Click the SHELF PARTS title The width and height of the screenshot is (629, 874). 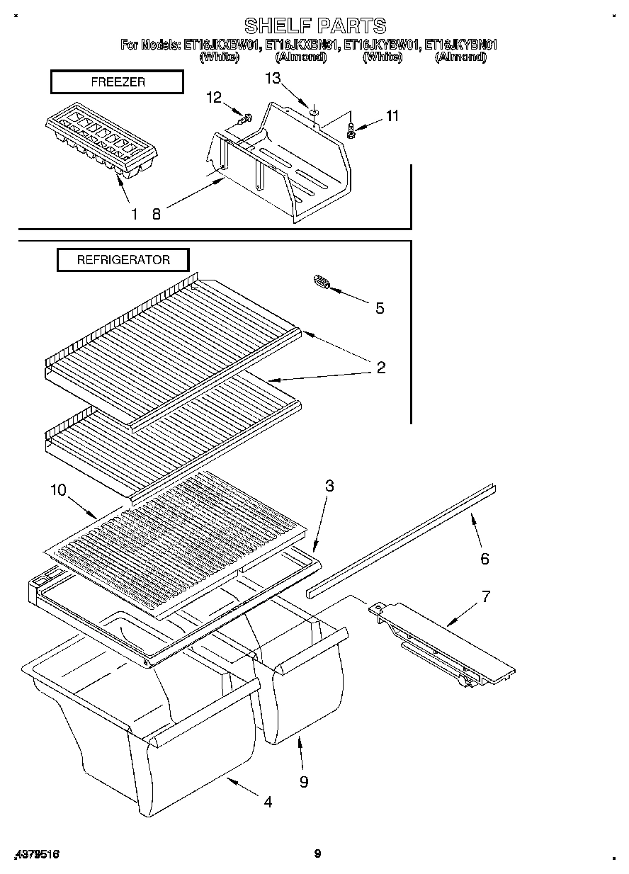click(315, 26)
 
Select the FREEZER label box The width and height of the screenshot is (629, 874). click(118, 82)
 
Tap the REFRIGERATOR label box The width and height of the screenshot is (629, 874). click(123, 260)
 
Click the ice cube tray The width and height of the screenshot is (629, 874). click(101, 144)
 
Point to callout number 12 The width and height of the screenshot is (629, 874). click(215, 97)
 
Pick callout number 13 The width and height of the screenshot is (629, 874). click(273, 79)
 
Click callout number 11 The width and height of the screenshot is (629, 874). click(392, 115)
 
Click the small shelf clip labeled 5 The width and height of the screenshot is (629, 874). click(320, 283)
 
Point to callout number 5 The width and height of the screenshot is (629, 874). click(380, 308)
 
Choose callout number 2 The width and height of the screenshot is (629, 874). click(380, 367)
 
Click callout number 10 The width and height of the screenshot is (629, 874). click(59, 489)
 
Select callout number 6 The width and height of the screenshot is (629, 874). click(484, 559)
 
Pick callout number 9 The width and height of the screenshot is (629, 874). click(303, 781)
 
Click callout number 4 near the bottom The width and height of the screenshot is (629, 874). click(267, 802)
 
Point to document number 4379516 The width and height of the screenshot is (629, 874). click(36, 854)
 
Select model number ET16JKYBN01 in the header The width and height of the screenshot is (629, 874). click(460, 45)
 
